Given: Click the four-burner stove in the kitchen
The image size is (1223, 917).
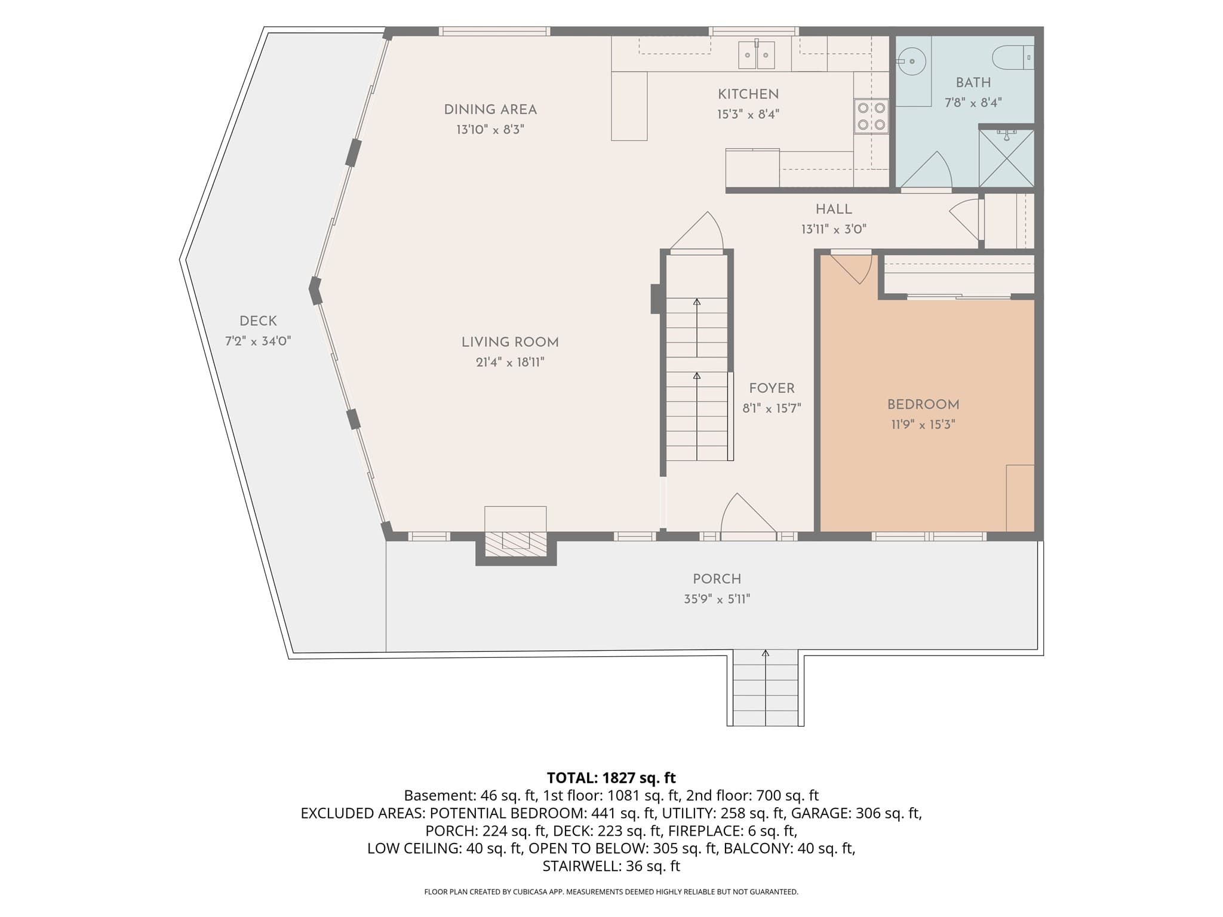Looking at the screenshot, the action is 871,116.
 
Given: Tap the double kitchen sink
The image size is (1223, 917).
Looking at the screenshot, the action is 757,55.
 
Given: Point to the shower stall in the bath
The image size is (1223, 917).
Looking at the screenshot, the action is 1006,158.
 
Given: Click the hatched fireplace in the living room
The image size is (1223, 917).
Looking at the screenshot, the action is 515,544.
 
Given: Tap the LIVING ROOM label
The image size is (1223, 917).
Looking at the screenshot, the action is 510,342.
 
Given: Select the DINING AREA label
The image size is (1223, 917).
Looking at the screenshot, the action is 490,110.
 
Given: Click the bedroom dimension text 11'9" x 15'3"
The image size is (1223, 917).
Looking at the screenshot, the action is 923,424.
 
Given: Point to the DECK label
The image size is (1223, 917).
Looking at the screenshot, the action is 258,321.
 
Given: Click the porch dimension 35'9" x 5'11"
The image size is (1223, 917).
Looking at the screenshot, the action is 717,599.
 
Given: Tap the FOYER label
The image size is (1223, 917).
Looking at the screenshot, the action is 772,389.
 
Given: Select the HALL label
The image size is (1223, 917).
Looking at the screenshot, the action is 834,210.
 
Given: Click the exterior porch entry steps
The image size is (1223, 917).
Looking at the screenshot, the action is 766,688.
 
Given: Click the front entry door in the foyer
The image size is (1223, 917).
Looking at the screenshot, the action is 748,516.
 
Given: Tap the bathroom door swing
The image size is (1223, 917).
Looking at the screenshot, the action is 926,171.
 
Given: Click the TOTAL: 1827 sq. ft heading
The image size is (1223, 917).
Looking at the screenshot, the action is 611,777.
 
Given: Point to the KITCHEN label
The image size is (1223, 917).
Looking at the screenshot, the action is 748,94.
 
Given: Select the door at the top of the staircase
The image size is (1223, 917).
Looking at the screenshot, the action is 697,233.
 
